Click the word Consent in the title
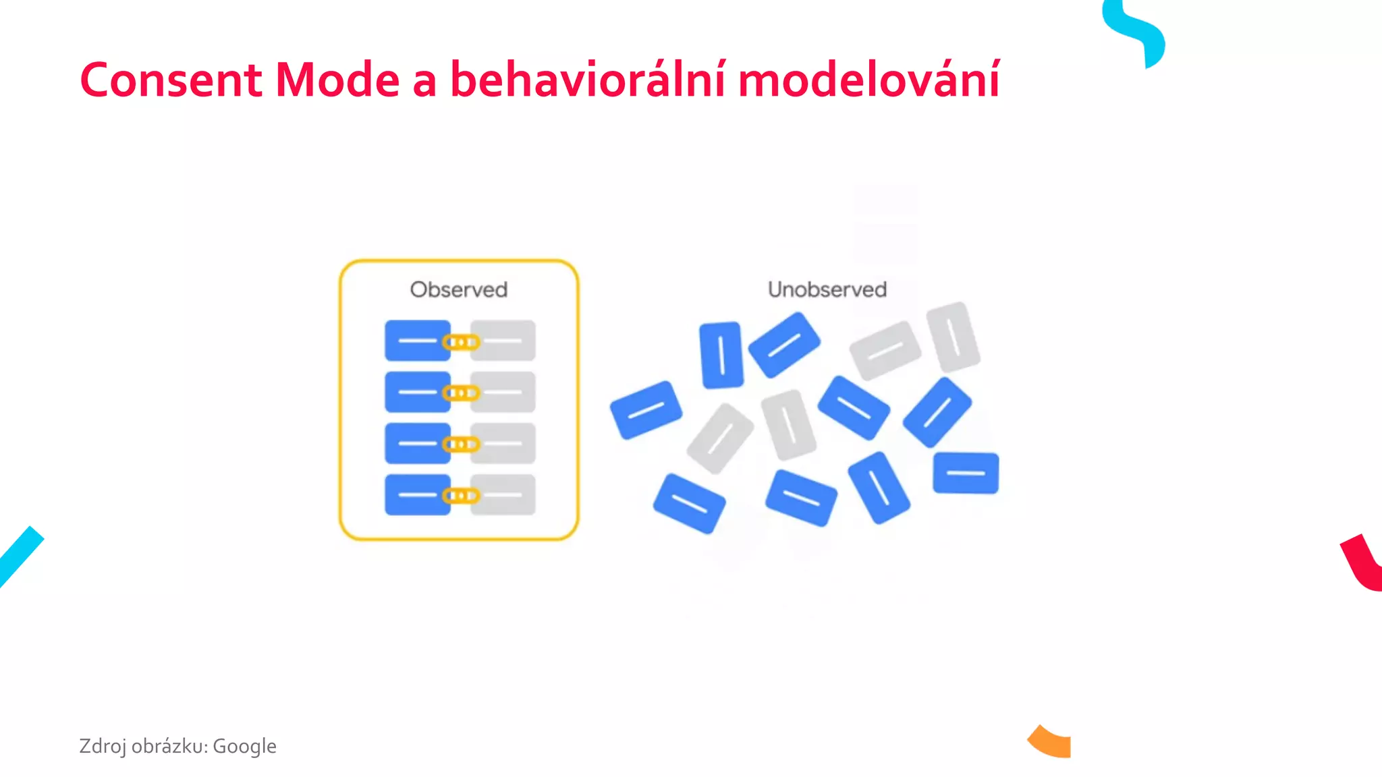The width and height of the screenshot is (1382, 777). [x=171, y=80]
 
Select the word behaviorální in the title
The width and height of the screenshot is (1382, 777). [x=588, y=80]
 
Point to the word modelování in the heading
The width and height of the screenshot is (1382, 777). [x=868, y=80]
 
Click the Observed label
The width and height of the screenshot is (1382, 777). [x=458, y=289]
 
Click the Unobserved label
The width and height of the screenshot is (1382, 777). [x=827, y=289]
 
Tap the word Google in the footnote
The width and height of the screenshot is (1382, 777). [x=244, y=746]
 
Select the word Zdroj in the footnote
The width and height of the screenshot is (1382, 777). [x=102, y=746]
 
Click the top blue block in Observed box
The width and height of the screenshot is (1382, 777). [x=417, y=341]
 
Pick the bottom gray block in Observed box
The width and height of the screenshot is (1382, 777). [x=503, y=495]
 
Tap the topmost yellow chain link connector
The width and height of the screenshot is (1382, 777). [x=461, y=342]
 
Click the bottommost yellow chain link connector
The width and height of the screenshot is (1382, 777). [x=461, y=496]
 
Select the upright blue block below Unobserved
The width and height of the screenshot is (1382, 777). [x=721, y=355]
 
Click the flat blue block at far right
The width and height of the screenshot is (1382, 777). [x=966, y=473]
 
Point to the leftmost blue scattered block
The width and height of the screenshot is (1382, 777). [x=646, y=410]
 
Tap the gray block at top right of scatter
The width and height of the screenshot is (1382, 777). [x=953, y=337]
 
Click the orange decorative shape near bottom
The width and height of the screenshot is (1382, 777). [x=1051, y=742]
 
